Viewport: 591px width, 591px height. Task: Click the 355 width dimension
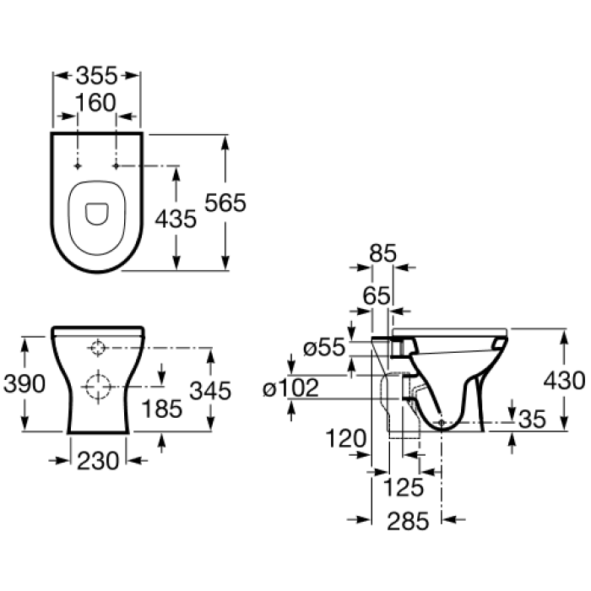[x=97, y=76]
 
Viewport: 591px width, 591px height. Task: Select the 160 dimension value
[x=95, y=102]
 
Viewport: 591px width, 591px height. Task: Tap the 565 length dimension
[x=225, y=203]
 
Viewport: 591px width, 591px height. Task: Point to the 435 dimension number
[x=176, y=219]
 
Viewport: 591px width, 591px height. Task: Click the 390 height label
[x=24, y=384]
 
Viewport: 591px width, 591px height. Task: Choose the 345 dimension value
[x=210, y=390]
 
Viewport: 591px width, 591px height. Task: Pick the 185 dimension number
[x=162, y=409]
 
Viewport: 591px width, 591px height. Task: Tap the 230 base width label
[x=98, y=461]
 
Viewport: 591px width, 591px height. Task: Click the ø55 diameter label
[x=324, y=347]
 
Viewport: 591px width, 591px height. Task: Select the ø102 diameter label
[x=291, y=388]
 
